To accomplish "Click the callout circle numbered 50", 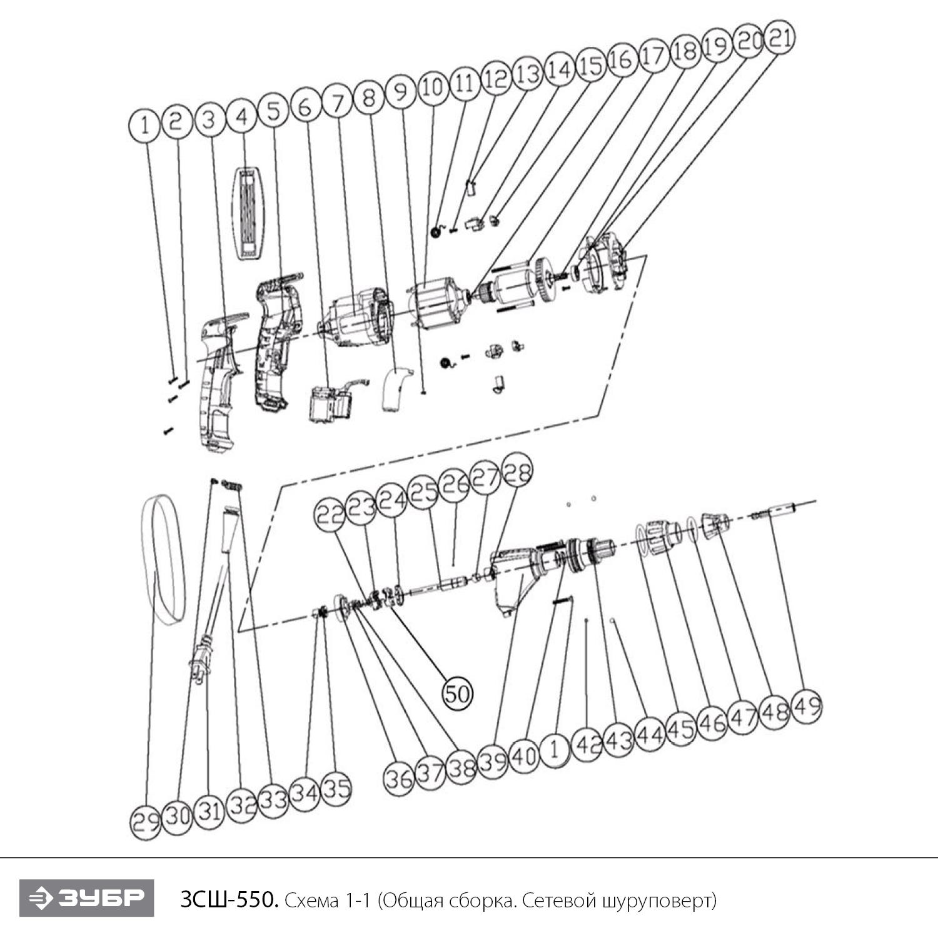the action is click(x=457, y=693).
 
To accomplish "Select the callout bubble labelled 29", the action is click(x=146, y=821).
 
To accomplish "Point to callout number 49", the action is click(x=806, y=707).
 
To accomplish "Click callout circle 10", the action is click(x=433, y=88).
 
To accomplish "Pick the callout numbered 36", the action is click(x=399, y=779).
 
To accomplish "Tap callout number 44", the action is click(x=650, y=735).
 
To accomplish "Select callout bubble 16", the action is click(x=622, y=60).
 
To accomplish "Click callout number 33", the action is click(x=273, y=800).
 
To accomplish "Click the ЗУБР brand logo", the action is click(x=86, y=898).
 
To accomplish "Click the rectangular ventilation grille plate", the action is click(x=248, y=213).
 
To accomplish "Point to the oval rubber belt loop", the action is click(x=161, y=558).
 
